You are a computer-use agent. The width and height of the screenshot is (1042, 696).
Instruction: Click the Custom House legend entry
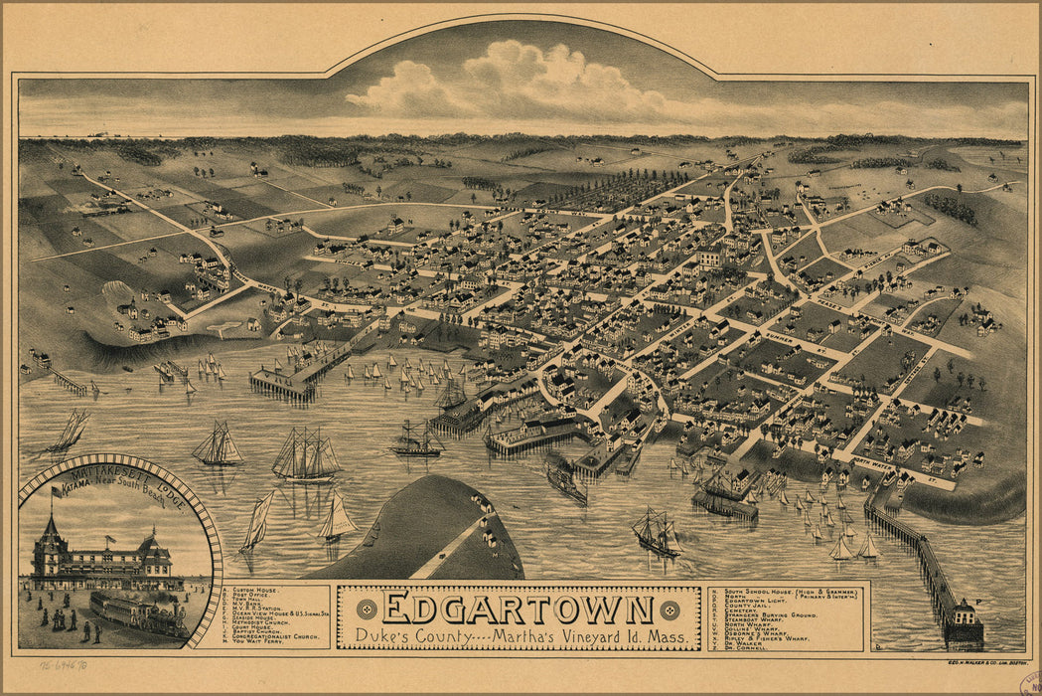pos(257,591)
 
